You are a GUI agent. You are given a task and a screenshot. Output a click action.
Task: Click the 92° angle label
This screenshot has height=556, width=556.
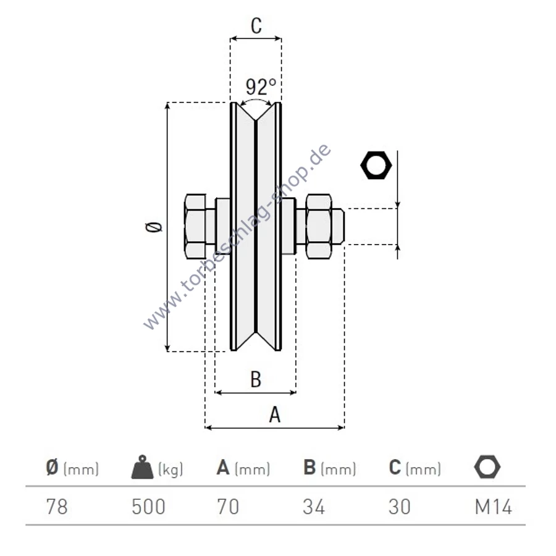point(261,86)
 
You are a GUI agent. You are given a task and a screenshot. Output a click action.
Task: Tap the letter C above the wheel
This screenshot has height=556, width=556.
point(256,25)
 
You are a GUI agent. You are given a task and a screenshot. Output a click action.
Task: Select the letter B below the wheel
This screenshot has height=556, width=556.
point(256,379)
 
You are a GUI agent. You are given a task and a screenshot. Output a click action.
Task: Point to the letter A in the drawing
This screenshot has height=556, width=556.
point(275,415)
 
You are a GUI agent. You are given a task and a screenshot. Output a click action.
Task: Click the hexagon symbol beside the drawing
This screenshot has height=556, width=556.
point(376,165)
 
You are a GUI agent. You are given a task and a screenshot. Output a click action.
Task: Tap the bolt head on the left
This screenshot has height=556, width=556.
point(195,226)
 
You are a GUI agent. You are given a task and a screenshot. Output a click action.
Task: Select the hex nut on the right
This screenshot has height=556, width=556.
point(319,226)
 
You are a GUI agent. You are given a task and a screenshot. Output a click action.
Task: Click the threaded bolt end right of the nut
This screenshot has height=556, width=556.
point(338,226)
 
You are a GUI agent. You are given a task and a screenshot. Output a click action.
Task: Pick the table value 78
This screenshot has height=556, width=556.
point(57,507)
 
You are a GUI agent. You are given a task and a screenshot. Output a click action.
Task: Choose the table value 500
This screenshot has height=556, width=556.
point(148,507)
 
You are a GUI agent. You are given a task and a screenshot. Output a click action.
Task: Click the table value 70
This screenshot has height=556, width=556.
point(228,507)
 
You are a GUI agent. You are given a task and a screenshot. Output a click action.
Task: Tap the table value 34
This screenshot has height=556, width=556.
point(314,507)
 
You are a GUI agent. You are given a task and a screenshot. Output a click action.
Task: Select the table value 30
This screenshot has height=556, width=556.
point(400,507)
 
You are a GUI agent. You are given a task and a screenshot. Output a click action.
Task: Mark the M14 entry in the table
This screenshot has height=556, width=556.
point(494,507)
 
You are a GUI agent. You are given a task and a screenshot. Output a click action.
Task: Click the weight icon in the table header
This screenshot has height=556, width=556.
point(142,467)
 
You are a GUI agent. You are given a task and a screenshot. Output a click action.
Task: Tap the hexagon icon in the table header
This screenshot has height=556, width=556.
point(487,467)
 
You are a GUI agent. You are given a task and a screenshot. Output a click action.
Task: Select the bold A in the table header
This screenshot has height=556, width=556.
point(223,467)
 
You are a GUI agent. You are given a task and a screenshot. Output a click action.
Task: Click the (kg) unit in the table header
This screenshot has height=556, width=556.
point(171,469)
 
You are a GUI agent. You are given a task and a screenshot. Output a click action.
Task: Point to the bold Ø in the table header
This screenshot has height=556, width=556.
point(52,467)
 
